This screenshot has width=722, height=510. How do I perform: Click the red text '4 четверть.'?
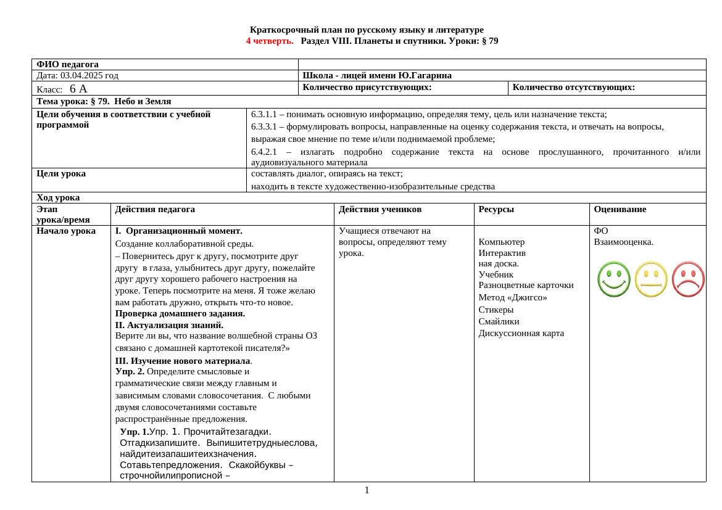(x=270, y=41)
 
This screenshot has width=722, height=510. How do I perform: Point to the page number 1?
(x=367, y=490)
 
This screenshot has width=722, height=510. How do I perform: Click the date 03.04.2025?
(x=81, y=76)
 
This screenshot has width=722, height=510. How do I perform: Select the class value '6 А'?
(x=78, y=89)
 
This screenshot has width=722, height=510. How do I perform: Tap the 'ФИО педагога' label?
(x=67, y=64)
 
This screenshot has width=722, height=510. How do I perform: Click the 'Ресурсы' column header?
(x=496, y=210)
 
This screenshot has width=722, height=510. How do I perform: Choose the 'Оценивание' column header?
(x=620, y=210)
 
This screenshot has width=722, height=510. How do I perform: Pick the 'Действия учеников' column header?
(x=380, y=210)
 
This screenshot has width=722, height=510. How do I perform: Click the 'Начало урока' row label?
(x=66, y=231)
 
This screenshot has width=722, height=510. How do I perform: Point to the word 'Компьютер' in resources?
(x=502, y=242)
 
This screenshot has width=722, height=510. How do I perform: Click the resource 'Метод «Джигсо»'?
(x=513, y=297)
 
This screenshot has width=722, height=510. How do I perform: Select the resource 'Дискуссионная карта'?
(x=521, y=334)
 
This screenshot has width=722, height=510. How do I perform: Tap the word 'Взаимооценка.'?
(x=623, y=242)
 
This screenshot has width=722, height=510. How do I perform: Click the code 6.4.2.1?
(x=267, y=152)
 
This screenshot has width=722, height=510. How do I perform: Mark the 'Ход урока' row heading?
(x=58, y=198)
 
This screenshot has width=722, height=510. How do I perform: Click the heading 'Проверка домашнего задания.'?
(x=180, y=313)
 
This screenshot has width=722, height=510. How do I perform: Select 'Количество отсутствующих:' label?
(x=573, y=88)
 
